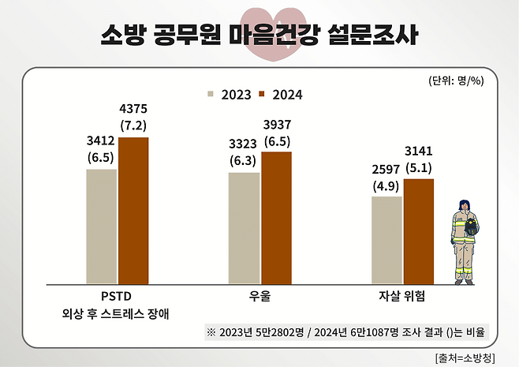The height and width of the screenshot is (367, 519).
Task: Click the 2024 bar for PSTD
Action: click(133, 210)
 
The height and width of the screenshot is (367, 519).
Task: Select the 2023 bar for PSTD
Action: click(102, 226)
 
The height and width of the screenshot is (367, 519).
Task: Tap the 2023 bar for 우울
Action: click(244, 227)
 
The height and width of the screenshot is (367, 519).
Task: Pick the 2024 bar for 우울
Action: click(276, 217)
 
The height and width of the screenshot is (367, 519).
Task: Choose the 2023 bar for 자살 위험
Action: click(386, 239)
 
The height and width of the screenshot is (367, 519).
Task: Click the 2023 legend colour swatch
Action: click(211, 95)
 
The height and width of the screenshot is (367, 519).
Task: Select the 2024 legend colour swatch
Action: click(264, 95)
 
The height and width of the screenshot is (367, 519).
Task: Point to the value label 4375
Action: click(133, 109)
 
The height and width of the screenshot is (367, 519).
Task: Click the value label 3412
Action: click(101, 141)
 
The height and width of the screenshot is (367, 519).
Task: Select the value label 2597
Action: click(386, 169)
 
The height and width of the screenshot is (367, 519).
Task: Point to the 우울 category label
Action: click(259, 297)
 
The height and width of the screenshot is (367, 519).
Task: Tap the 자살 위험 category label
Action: click(402, 297)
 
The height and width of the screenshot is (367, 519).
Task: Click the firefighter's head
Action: click(462, 204)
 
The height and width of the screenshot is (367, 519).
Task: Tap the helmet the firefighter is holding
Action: click(472, 229)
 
